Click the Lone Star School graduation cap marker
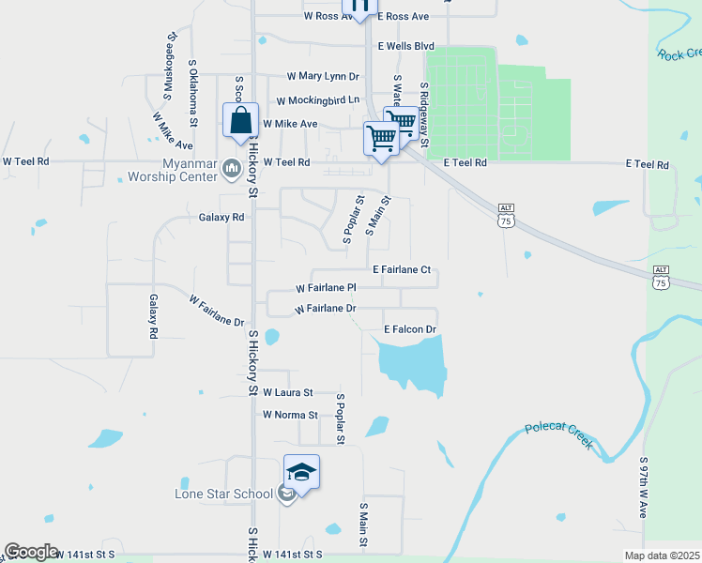point(301,472)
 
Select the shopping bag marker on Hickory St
point(241,121)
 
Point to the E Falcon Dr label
point(411,329)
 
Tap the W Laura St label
point(287,392)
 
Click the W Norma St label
point(290,414)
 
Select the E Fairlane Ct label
point(401,269)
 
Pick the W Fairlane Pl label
point(326,288)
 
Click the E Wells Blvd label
point(405,45)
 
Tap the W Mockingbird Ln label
point(317,100)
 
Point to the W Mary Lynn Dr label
point(323,76)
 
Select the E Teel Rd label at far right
point(648,164)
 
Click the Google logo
point(30,552)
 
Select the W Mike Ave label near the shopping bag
point(290,124)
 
